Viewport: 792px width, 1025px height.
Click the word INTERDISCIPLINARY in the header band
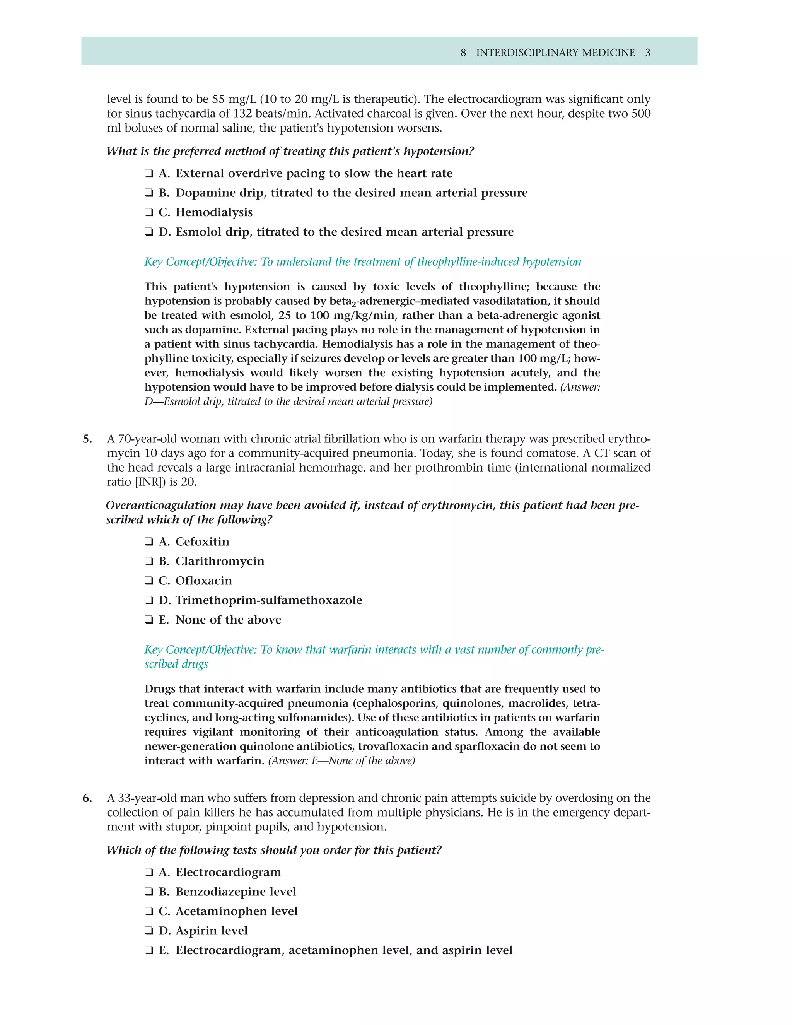pyautogui.click(x=528, y=53)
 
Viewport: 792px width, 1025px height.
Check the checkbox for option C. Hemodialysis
pyautogui.click(x=149, y=213)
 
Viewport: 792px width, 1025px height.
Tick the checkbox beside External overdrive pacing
pyautogui.click(x=149, y=174)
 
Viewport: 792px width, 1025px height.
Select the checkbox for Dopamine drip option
pyautogui.click(x=149, y=193)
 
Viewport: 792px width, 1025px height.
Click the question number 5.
pyautogui.click(x=87, y=439)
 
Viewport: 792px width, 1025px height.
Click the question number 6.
pyautogui.click(x=87, y=798)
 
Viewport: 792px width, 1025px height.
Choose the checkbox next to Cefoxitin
pyautogui.click(x=149, y=542)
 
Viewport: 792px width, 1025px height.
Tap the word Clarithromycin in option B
pyautogui.click(x=220, y=561)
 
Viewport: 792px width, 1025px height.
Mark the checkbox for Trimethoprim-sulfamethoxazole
pyautogui.click(x=149, y=600)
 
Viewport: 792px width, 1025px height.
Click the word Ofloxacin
pyautogui.click(x=204, y=581)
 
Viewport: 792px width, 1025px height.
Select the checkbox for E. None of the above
pyautogui.click(x=149, y=620)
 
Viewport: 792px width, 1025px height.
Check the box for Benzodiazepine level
pyautogui.click(x=149, y=892)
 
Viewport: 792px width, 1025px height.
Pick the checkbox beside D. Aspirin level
pyautogui.click(x=149, y=931)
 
